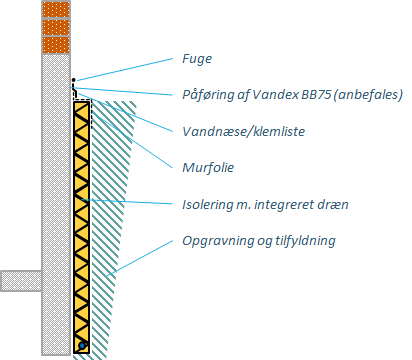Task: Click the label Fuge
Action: click(x=197, y=59)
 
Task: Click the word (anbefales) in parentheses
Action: click(x=368, y=95)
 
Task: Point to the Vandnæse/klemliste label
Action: click(x=244, y=131)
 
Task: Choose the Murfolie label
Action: click(x=208, y=167)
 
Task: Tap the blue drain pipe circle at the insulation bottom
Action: click(x=82, y=346)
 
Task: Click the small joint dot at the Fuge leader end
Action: click(x=74, y=80)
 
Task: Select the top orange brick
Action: click(x=56, y=9)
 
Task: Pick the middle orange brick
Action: click(x=56, y=27)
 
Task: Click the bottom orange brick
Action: click(x=56, y=45)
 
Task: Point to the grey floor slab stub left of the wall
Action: click(x=21, y=281)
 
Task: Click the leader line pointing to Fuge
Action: click(x=124, y=69)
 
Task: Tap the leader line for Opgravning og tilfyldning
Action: click(x=140, y=258)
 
